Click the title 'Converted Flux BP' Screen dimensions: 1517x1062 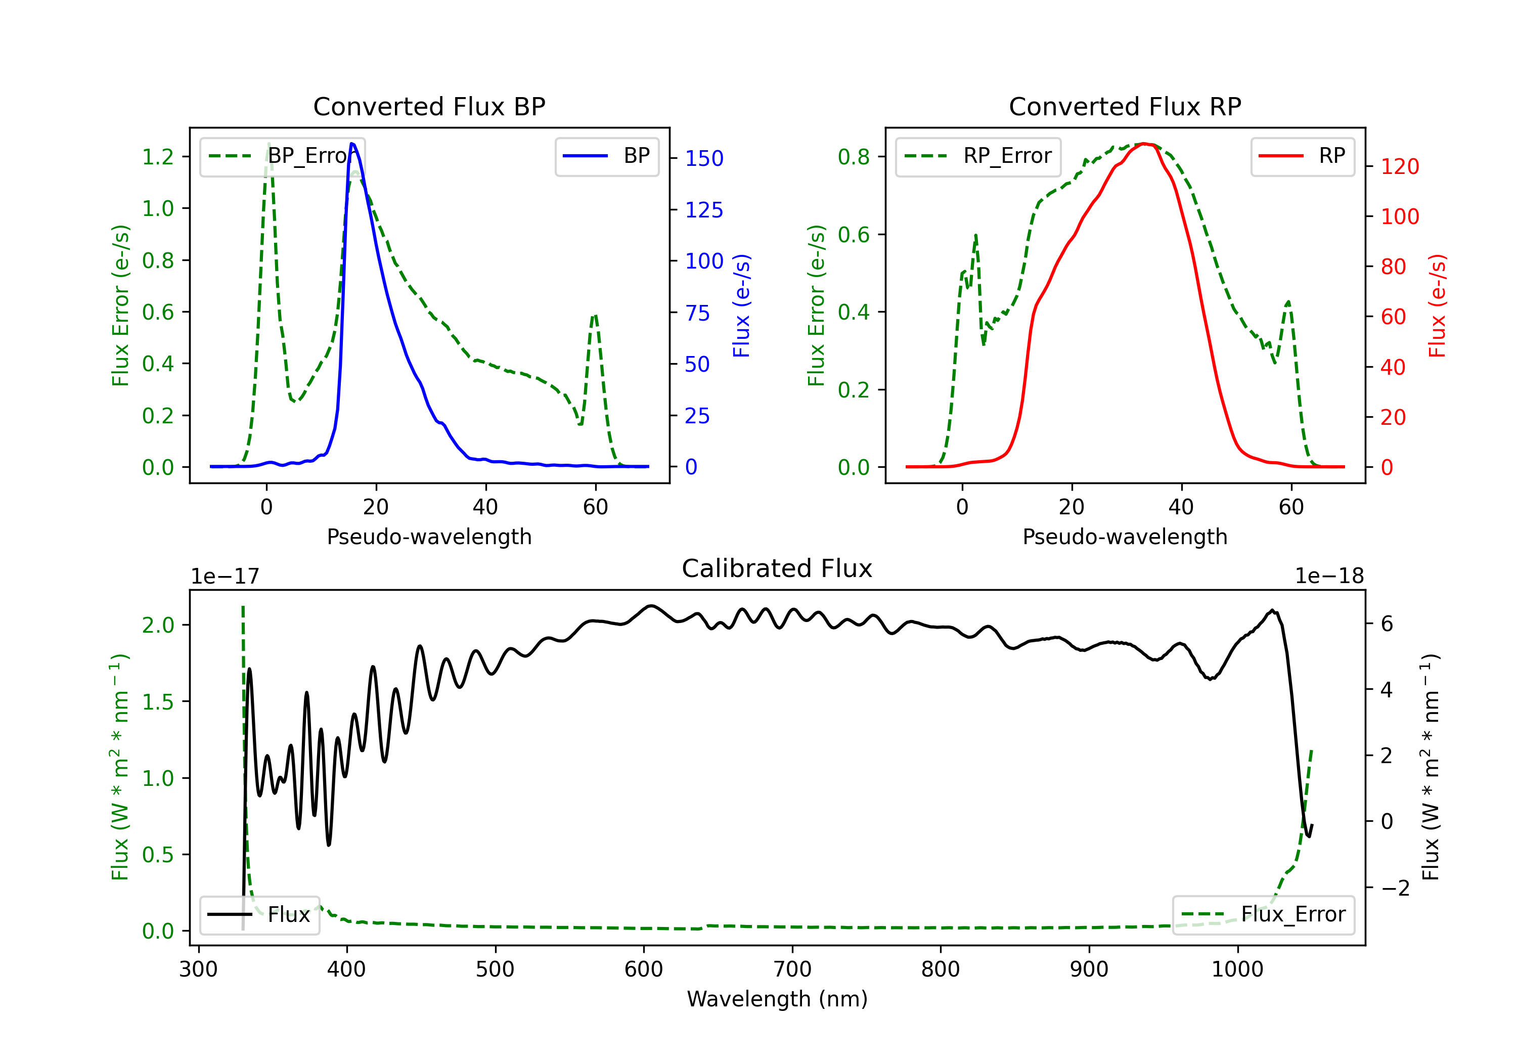429,106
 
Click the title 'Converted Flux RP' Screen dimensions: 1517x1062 1125,106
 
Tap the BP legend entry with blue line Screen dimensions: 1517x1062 606,156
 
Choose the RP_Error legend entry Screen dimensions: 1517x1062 978,156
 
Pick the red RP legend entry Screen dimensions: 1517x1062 1302,156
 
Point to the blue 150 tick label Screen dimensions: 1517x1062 704,159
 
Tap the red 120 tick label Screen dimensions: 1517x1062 1399,166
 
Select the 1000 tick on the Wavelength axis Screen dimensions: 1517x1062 1237,969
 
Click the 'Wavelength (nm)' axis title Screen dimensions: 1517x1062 777,999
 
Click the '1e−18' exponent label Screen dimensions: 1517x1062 1329,577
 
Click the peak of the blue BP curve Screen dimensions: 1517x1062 352,144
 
